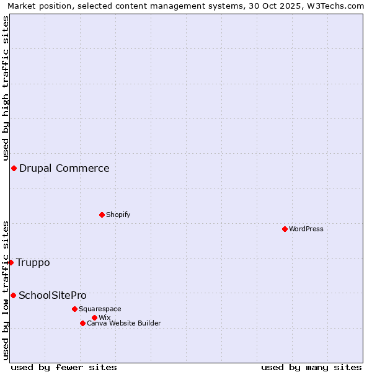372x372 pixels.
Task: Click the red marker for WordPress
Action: coord(285,229)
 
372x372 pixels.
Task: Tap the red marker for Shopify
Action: coord(102,215)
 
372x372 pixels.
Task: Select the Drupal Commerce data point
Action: coord(14,168)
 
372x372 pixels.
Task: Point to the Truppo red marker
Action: coord(11,262)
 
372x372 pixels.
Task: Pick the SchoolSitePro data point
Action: coord(13,295)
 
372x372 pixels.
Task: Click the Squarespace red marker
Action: coord(74,309)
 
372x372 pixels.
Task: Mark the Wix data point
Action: coord(94,317)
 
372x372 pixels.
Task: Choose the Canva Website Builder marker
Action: coord(82,323)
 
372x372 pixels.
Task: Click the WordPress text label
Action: coord(306,229)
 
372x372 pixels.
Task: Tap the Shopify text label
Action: coord(118,215)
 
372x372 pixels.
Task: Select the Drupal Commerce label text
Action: coord(64,168)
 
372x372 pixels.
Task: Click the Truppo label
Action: coord(33,262)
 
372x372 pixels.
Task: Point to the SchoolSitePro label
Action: coord(53,295)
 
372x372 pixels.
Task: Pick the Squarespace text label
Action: coord(100,309)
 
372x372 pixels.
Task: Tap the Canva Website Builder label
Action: coord(124,323)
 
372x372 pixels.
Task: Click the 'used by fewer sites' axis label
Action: coord(64,367)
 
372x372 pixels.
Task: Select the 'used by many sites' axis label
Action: coord(311,367)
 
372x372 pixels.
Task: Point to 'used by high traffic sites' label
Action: coord(6,88)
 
